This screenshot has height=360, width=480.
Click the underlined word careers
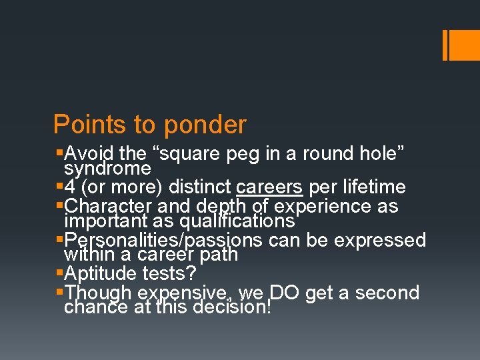[269, 187]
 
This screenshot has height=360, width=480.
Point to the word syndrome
[107, 168]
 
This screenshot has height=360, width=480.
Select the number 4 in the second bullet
[71, 187]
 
